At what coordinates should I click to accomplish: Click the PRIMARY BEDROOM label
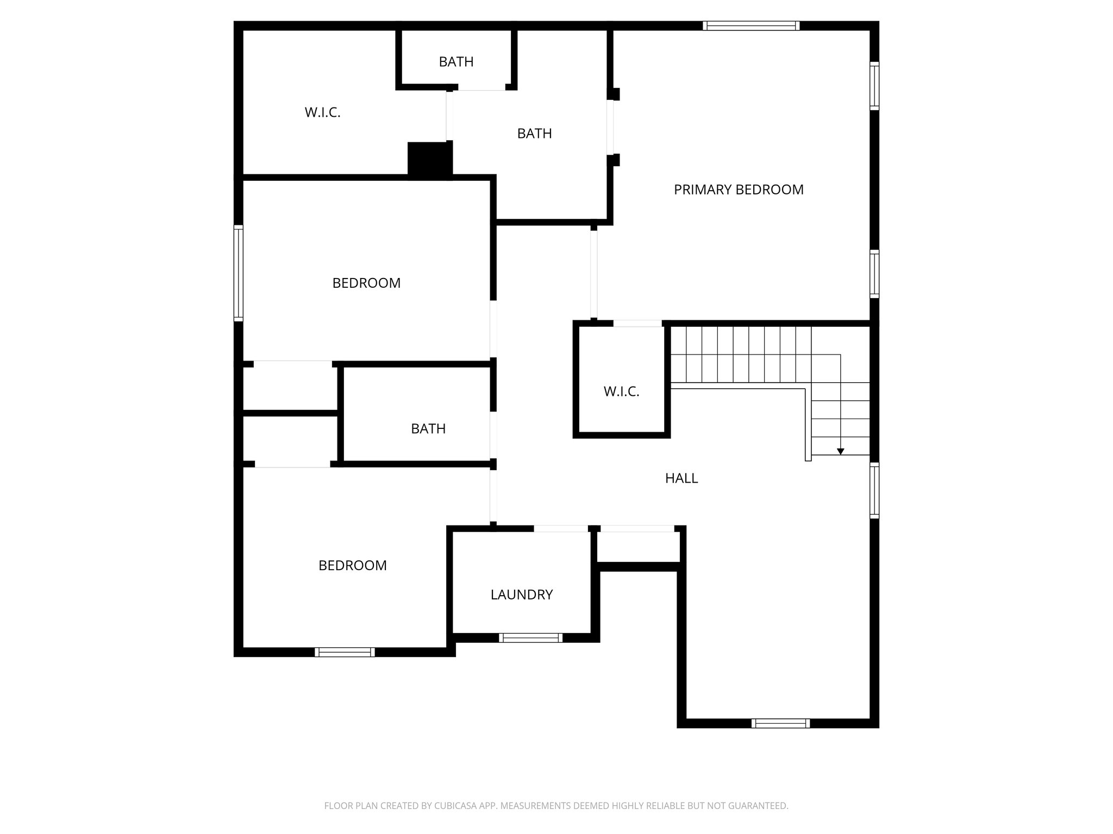(738, 189)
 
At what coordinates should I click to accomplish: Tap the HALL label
(681, 478)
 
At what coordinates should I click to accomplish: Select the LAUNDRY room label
(521, 595)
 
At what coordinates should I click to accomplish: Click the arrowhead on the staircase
(840, 451)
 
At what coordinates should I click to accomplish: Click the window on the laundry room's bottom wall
(530, 638)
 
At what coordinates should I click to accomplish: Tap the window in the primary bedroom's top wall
(751, 26)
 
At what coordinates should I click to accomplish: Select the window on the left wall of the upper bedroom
(239, 273)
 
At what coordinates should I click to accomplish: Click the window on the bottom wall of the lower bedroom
(345, 652)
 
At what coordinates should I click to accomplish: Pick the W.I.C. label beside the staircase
(621, 391)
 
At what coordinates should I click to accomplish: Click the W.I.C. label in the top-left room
(322, 112)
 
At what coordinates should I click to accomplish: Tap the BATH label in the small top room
(456, 62)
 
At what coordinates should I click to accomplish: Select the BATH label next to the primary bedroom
(534, 134)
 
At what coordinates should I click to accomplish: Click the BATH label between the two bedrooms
(428, 429)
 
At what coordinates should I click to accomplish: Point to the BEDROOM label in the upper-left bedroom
(366, 283)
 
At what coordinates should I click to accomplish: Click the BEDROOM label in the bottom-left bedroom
(352, 565)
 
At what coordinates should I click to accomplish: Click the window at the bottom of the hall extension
(780, 723)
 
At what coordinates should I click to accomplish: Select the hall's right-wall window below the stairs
(874, 490)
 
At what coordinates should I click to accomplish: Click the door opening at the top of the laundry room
(560, 528)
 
